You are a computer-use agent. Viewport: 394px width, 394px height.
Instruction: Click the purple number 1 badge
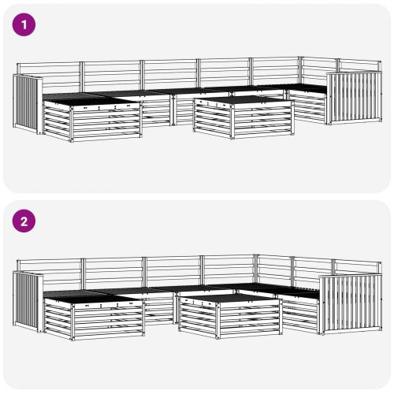(24, 25)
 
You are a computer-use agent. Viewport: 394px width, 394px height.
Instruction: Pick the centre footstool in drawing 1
(240, 118)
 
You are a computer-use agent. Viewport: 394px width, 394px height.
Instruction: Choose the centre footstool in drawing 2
(229, 315)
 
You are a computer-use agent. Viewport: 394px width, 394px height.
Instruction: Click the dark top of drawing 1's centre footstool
(240, 99)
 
